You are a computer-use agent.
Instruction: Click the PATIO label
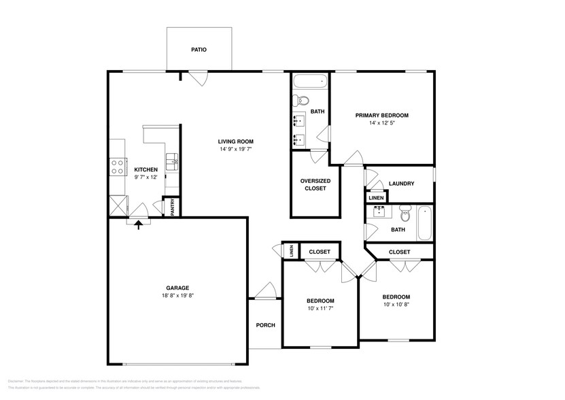pyautogui.click(x=199, y=50)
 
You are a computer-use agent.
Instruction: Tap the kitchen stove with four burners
pyautogui.click(x=117, y=166)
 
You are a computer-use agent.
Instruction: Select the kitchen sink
pyautogui.click(x=172, y=162)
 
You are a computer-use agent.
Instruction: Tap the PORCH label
pyautogui.click(x=265, y=325)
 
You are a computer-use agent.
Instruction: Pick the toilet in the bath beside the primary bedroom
pyautogui.click(x=300, y=102)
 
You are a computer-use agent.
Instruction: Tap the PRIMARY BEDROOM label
pyautogui.click(x=381, y=115)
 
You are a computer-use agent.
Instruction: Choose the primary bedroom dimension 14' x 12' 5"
pyautogui.click(x=381, y=123)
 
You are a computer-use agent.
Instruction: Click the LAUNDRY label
pyautogui.click(x=401, y=184)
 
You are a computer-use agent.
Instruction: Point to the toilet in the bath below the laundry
pyautogui.click(x=405, y=215)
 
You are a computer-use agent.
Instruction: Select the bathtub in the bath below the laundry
pyautogui.click(x=425, y=223)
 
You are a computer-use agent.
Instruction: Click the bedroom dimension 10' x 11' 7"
pyautogui.click(x=320, y=309)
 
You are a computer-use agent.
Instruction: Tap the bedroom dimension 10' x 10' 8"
pyautogui.click(x=396, y=305)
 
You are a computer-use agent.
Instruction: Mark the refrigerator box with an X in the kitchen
pyautogui.click(x=118, y=205)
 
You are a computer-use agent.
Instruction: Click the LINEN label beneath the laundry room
pyautogui.click(x=375, y=198)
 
